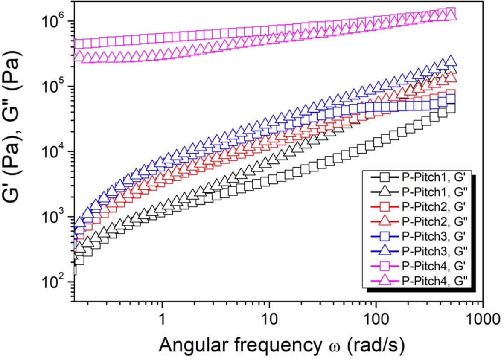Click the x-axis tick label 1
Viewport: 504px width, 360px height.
click(x=162, y=318)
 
